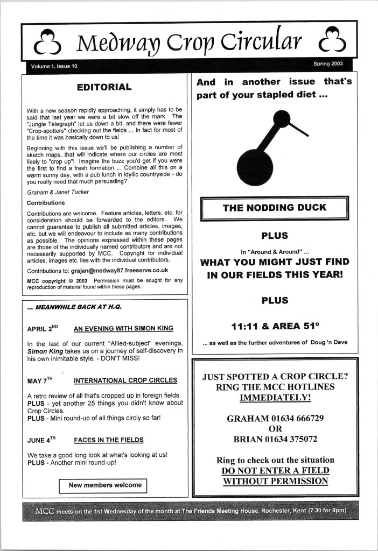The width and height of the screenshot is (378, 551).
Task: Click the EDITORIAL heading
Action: pyautogui.click(x=104, y=87)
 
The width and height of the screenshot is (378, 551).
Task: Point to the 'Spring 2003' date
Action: pyautogui.click(x=330, y=64)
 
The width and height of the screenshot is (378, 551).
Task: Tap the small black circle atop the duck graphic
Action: pyautogui.click(x=282, y=118)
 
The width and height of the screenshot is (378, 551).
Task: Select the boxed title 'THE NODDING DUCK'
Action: pyautogui.click(x=275, y=207)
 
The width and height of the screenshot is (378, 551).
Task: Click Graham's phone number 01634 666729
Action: pyautogui.click(x=299, y=417)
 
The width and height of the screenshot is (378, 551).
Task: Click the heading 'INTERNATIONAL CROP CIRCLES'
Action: pyautogui.click(x=125, y=380)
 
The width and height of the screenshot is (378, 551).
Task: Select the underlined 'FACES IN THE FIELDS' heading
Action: pyautogui.click(x=109, y=440)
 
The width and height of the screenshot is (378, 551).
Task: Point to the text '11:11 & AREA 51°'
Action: pyautogui.click(x=275, y=326)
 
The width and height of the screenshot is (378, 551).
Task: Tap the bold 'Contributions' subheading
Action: pyautogui.click(x=46, y=203)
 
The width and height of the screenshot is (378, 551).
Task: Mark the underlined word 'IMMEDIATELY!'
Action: pyautogui.click(x=275, y=398)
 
